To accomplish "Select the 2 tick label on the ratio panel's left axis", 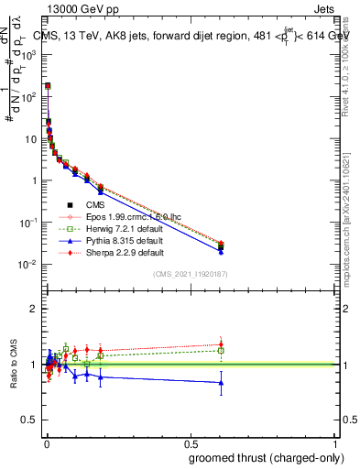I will click(x=33, y=309).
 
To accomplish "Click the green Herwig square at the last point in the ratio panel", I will click(x=221, y=350).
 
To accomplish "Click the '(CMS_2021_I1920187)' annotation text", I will click(x=190, y=274).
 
